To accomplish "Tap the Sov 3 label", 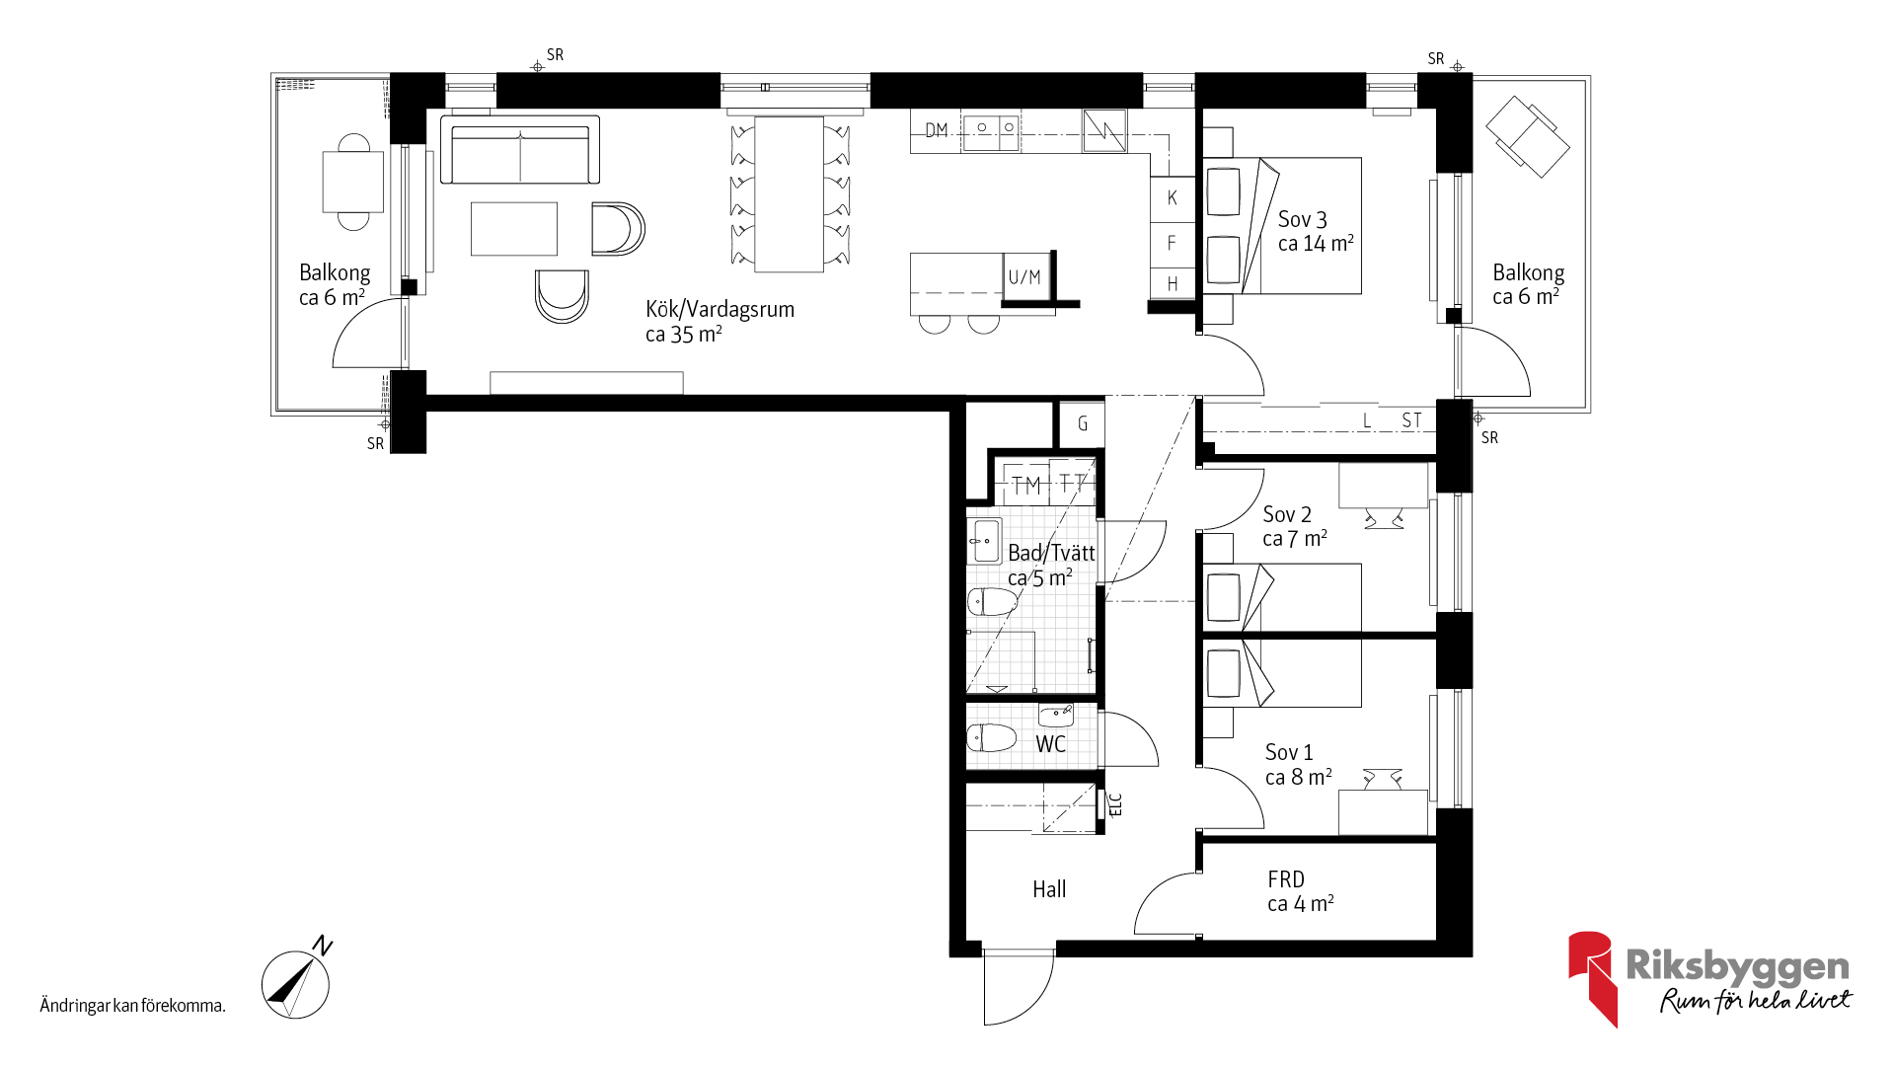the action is coord(1302,219).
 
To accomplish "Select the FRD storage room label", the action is coord(1286,879).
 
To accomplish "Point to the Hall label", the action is coord(1049,889).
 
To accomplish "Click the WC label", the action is coord(1050,744).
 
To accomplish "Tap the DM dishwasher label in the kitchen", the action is coord(937,130).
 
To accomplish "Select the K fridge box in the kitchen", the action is coord(1173,197).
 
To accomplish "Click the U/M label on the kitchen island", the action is coord(1024,277).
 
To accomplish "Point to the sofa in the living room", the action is coord(520,150).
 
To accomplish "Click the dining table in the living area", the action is coord(790,194).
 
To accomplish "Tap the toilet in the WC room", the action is coord(991,737).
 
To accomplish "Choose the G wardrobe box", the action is coord(1082,424).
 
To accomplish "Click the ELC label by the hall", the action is coord(1116,805).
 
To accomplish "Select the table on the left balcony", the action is coord(353,183).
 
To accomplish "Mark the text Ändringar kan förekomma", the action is coord(133,1006).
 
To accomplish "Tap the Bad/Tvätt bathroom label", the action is coord(1051,553).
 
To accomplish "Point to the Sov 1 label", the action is coord(1289,752).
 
